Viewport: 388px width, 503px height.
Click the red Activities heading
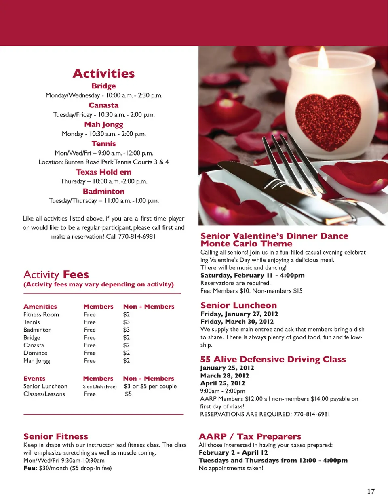pos(104,74)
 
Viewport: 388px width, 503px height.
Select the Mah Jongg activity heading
pos(104,124)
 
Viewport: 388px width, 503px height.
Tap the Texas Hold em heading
pos(104,172)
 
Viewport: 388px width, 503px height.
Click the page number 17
pos(371,491)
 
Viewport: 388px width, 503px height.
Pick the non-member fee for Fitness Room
pos(127,314)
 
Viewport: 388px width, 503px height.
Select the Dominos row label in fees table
pos(36,353)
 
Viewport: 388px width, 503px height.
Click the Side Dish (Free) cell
pos(100,387)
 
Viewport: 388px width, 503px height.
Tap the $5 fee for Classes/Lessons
pos(128,394)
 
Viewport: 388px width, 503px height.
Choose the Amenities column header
pos(40,307)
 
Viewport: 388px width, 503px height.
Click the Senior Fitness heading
pos(56,436)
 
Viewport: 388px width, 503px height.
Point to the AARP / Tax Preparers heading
pos(250,436)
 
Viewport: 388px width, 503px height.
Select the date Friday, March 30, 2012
pos(237,322)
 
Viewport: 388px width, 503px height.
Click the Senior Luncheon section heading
pos(239,305)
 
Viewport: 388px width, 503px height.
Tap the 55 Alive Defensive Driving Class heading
pos(273,359)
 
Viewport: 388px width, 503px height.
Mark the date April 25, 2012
pos(223,383)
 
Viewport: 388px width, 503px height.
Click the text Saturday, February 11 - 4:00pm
pos(253,275)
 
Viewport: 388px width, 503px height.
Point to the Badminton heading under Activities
pos(104,192)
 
